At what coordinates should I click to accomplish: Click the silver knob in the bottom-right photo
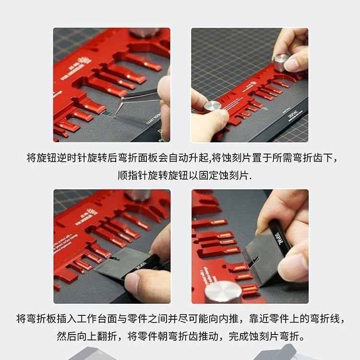pos(223,291)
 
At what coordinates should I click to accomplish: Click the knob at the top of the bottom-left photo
pos(138,194)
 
